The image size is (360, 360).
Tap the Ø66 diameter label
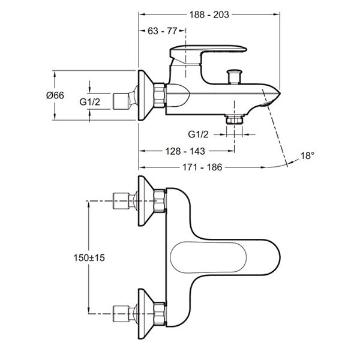tap(55, 95)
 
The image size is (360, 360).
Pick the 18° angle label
tap(307, 155)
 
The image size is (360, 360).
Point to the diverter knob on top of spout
tap(233, 76)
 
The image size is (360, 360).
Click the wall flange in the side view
tap(145, 95)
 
